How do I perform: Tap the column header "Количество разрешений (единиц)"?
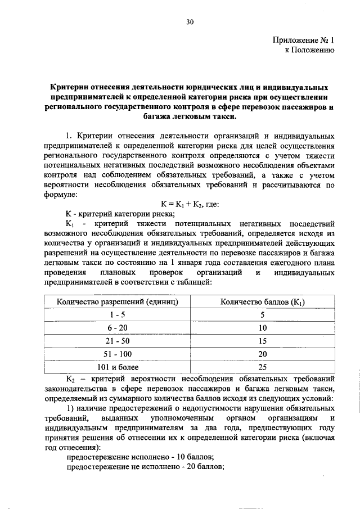pos(117,302)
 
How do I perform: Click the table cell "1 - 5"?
pos(117,315)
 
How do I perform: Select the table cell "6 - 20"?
pos(117,328)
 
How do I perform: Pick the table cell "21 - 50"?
pos(117,341)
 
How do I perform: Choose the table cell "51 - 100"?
pos(117,354)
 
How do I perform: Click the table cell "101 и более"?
pos(117,367)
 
